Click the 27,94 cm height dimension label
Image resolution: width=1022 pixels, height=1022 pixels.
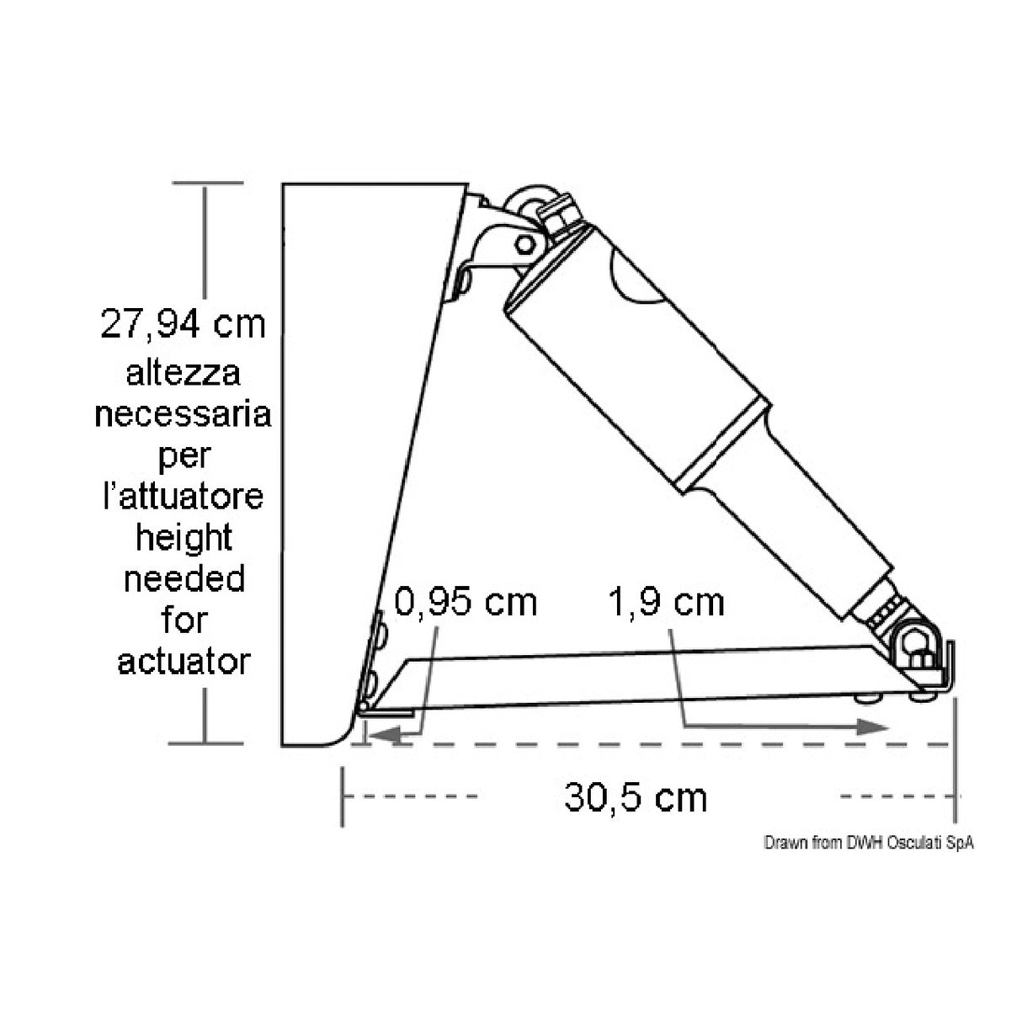click(x=183, y=324)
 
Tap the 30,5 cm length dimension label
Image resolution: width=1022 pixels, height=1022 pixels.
click(x=636, y=797)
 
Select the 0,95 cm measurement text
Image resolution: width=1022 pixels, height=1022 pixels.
click(x=466, y=603)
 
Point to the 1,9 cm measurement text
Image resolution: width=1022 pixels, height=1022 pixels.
click(x=665, y=603)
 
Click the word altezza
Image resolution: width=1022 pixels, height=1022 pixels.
click(x=183, y=372)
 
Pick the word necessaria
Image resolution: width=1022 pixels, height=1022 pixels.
click(x=183, y=414)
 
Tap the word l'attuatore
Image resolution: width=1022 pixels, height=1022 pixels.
click(x=183, y=497)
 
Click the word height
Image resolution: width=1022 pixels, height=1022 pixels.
click(x=183, y=538)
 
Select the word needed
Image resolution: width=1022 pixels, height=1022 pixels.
click(x=183, y=579)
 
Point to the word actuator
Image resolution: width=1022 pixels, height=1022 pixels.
click(x=183, y=662)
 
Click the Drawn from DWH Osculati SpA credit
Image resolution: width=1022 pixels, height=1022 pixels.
click(x=868, y=844)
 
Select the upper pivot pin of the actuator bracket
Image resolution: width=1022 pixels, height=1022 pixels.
click(x=524, y=244)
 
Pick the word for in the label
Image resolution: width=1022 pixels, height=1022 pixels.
click(x=183, y=620)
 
